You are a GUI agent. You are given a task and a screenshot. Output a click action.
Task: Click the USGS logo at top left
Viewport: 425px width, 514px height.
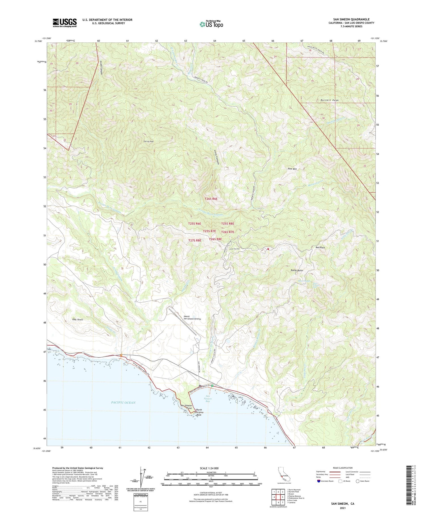pos(64,23)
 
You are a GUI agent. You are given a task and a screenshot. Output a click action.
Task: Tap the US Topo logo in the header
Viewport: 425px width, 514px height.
pos(211,24)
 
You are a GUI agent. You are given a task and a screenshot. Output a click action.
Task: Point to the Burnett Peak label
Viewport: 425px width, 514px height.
pos(330,100)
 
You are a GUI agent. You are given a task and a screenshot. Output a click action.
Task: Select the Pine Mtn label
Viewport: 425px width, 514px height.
pos(292,169)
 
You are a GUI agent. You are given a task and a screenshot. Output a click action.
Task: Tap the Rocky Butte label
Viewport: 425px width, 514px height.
pos(297,270)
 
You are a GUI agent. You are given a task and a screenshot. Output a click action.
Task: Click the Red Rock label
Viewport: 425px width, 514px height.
pos(320,248)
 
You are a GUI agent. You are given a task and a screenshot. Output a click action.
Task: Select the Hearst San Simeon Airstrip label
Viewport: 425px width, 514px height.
pos(192,318)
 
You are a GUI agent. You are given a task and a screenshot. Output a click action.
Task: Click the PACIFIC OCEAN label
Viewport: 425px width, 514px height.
pos(123,402)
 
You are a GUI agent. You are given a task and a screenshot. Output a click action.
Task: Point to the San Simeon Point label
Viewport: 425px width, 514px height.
pos(186,407)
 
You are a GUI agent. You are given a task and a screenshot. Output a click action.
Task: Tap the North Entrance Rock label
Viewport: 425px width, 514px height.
pos(199,412)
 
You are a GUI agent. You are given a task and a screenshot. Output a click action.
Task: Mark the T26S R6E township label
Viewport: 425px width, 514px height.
pos(211,199)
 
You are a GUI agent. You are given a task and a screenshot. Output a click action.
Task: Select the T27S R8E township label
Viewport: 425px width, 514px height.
pos(195,240)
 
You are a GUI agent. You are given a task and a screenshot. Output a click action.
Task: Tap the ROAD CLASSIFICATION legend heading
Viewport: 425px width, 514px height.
pos(343,468)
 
